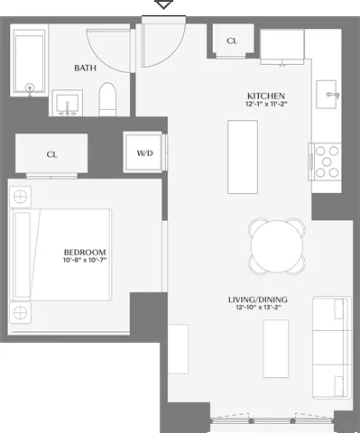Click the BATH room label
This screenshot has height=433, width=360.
[87, 67]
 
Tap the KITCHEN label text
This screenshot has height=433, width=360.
[266, 96]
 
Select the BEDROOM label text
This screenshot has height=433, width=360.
[85, 253]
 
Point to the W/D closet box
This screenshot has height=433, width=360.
[144, 153]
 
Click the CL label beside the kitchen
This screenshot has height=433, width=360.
[232, 41]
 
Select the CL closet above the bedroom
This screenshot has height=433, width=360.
[51, 154]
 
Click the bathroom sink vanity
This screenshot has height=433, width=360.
[67, 103]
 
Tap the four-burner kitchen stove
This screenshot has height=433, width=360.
[326, 161]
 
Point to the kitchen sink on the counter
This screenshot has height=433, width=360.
[329, 94]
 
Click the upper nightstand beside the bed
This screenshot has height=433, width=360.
[20, 197]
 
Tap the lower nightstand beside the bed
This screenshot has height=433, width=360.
[20, 313]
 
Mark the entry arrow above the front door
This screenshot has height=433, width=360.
[163, 5]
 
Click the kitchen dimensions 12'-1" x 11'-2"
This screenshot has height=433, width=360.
[266, 106]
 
